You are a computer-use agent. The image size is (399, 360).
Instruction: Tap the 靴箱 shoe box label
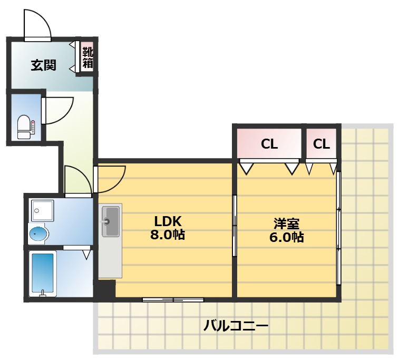[87, 57]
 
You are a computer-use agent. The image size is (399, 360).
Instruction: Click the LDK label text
[167, 220]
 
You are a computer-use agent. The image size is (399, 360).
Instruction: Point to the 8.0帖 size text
[167, 235]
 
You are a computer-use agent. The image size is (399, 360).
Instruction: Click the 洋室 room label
[286, 222]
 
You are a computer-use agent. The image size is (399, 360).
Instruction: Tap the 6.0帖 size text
[286, 237]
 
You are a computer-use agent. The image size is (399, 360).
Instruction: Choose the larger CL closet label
[269, 144]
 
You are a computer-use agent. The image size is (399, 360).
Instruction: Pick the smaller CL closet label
[322, 144]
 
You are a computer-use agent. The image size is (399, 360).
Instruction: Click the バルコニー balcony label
[236, 325]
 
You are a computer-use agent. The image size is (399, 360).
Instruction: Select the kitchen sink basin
[111, 221]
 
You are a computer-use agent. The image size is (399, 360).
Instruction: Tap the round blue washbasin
[38, 233]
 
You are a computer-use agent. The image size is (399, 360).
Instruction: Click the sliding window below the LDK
[172, 300]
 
